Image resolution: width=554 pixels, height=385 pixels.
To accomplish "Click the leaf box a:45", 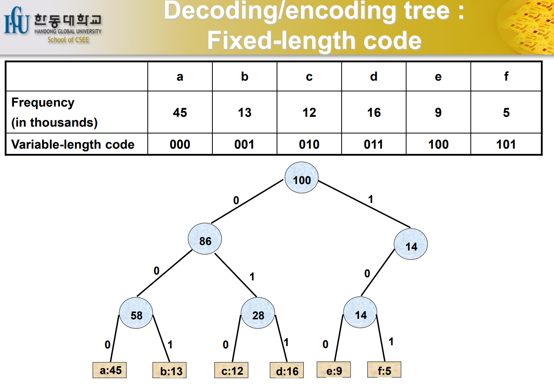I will pos(110,370).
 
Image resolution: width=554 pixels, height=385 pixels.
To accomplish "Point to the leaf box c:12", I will pos(231,370).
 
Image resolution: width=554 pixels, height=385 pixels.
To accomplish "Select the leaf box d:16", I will pos(287,370).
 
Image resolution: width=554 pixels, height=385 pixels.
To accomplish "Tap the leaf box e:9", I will pos(334,370).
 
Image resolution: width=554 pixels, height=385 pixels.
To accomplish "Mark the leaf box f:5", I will pos(384,370).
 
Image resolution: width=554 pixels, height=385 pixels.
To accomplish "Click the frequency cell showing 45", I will pos(180,112).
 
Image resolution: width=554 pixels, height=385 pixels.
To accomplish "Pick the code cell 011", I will pos(374,144).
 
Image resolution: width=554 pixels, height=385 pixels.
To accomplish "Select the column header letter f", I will pos(506,76).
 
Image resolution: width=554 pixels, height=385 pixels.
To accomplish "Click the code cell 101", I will pos(506,144).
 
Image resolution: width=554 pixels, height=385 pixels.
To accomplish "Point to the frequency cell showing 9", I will pos(438,112).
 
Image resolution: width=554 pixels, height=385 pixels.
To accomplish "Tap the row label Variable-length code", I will pos(73,144).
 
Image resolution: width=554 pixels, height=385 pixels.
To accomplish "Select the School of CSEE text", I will pos(68,40).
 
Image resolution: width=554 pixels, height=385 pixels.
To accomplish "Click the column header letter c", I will pos(309,76).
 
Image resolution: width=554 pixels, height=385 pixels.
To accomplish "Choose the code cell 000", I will pos(180,144).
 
